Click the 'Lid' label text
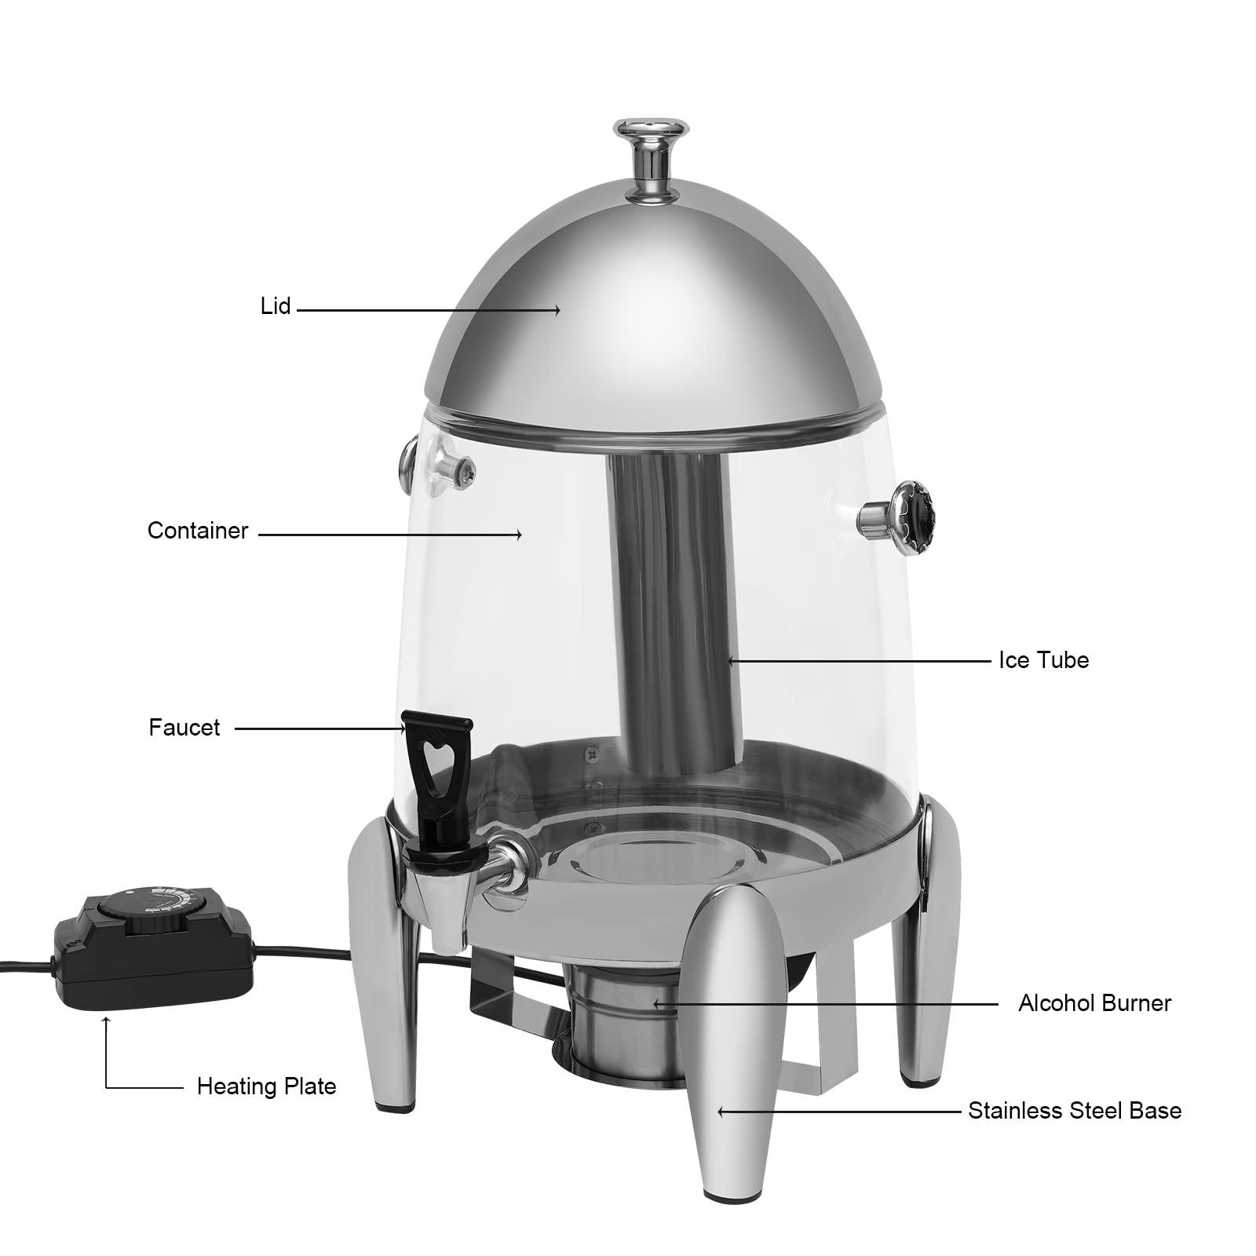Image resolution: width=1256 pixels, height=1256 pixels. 276,306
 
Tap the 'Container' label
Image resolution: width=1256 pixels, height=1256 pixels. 197,531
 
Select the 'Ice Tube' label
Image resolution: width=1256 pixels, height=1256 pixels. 1043,659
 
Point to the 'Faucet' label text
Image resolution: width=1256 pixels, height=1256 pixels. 184,728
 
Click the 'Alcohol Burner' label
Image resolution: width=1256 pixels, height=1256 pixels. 1094,1002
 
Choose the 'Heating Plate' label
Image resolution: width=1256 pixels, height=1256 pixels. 266,1086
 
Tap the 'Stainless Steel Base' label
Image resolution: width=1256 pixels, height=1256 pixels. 1074,1111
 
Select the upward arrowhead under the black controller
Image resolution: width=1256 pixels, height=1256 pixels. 106,1021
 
